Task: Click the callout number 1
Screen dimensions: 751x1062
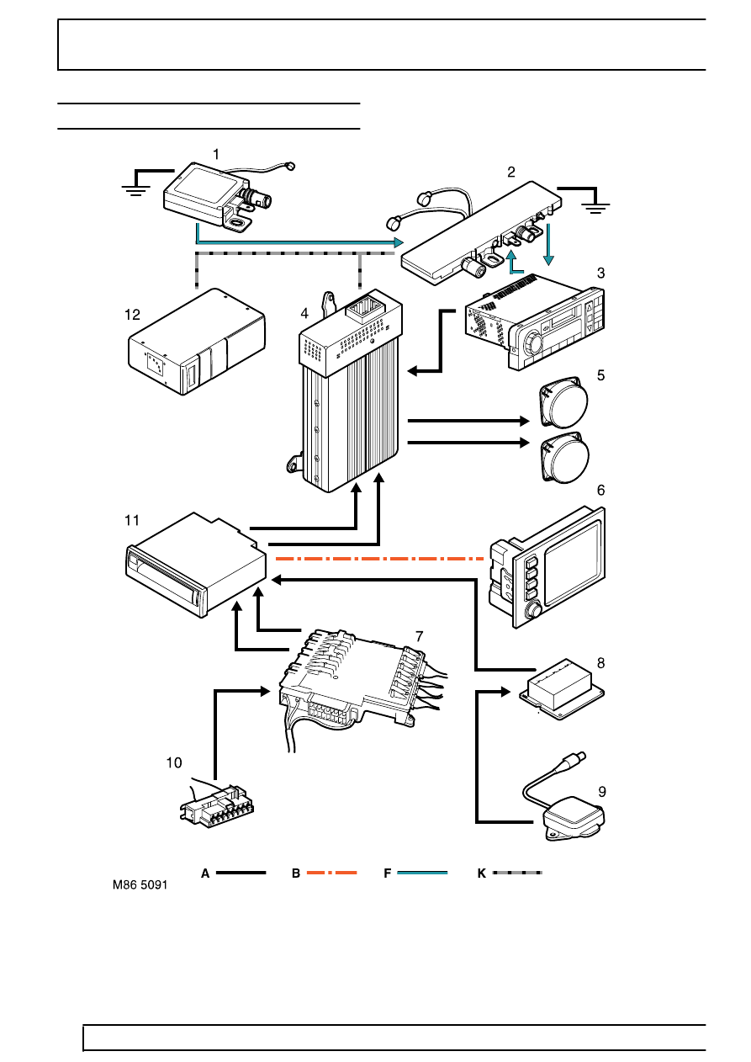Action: [216, 155]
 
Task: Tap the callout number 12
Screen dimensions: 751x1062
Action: [132, 315]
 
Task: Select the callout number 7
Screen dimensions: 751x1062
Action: [420, 636]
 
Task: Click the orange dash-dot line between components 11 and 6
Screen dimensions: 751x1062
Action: [379, 559]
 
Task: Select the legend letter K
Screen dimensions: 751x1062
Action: [481, 873]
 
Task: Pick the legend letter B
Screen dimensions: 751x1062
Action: [296, 873]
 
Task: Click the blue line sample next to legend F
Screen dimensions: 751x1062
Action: [422, 873]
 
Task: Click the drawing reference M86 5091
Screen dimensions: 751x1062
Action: [140, 885]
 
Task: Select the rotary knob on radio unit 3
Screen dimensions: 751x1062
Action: [533, 342]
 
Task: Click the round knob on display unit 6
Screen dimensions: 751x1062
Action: [535, 608]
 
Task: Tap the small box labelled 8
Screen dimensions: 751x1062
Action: [562, 690]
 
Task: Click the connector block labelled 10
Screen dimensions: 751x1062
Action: [217, 802]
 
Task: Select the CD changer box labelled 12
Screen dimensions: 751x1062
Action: [197, 342]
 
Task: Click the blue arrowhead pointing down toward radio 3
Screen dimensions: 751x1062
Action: [548, 259]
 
